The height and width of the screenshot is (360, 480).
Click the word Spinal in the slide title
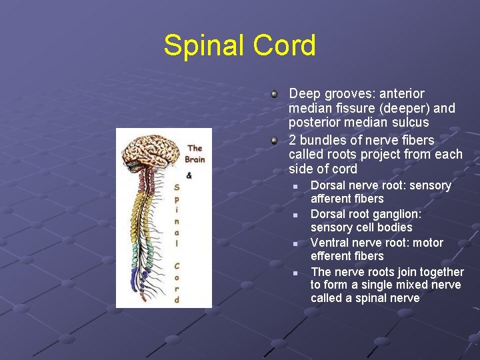(x=203, y=47)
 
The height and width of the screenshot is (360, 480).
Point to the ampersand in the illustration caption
(x=189, y=175)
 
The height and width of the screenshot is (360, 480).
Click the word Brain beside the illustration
(x=195, y=159)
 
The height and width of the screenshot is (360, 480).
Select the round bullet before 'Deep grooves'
(x=274, y=94)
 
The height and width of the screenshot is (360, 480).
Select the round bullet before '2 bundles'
(x=274, y=141)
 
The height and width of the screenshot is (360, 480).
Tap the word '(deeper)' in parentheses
(x=407, y=108)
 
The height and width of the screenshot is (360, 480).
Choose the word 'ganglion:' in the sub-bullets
(x=397, y=214)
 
